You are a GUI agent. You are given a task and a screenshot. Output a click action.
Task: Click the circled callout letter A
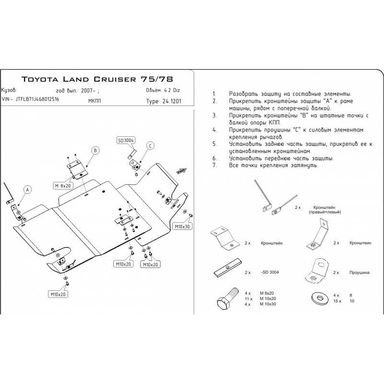pos(27,190)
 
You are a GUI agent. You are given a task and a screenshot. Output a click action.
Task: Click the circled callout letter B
pos(95,150)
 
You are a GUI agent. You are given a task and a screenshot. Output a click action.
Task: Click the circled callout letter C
pos(150,145)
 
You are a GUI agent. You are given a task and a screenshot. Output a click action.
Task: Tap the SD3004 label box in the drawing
pos(126,140)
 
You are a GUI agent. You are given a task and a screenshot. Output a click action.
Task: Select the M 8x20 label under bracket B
pos(63,185)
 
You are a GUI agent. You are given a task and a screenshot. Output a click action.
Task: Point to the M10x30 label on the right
pos(182,226)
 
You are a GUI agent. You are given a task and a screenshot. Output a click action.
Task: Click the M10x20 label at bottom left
pos(58,294)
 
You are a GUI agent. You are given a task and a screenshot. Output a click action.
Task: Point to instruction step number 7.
pos(214,165)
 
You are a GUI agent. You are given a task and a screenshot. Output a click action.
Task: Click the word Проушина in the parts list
pos(359,272)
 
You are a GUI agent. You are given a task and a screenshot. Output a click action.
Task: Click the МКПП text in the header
pos(95,101)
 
